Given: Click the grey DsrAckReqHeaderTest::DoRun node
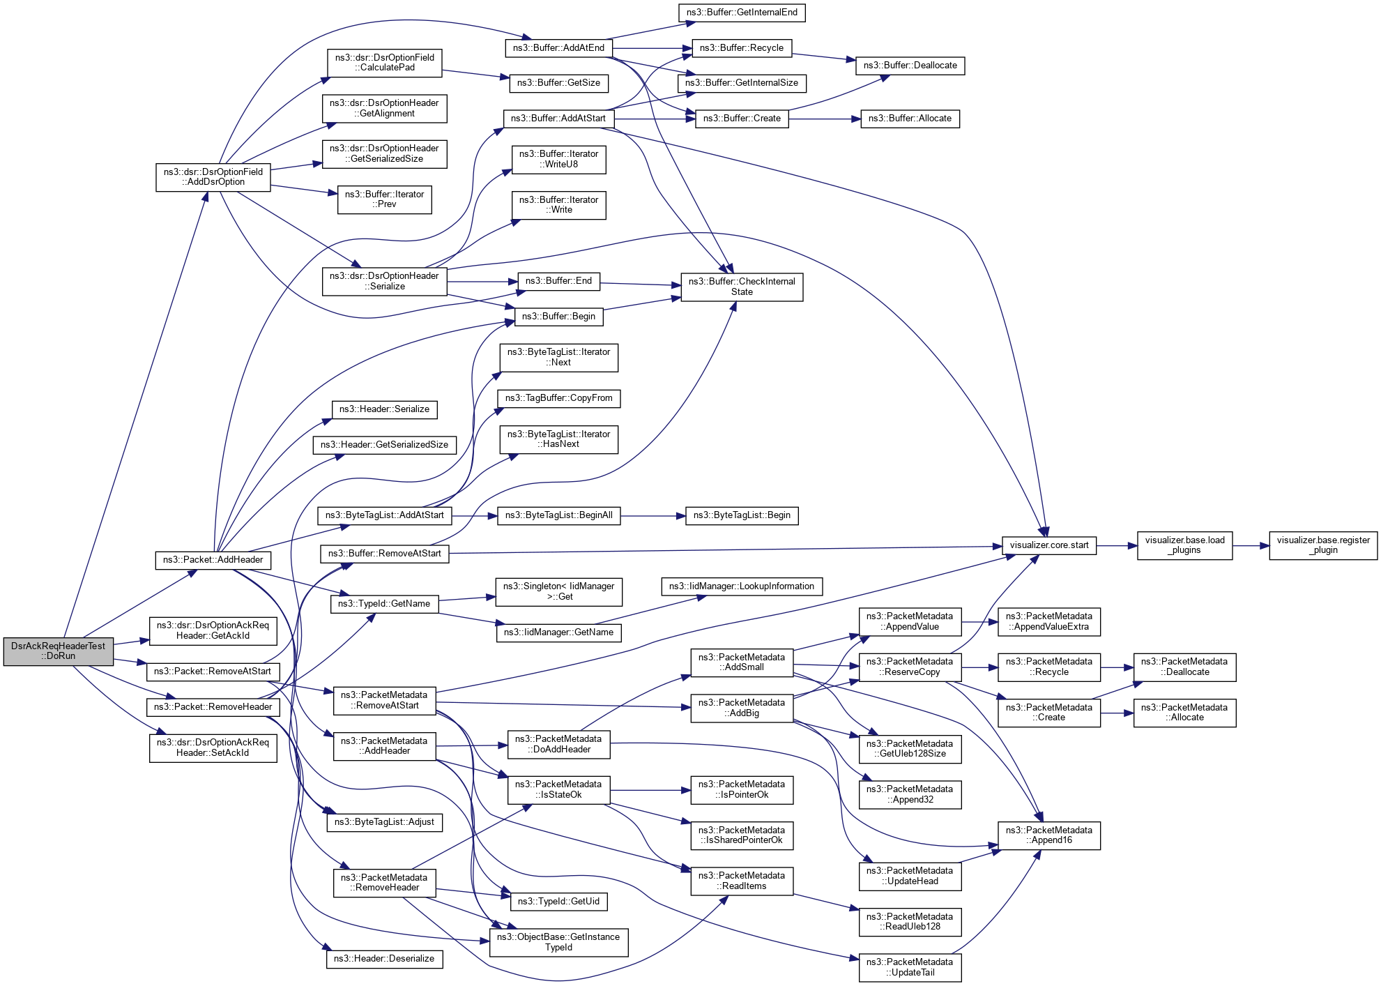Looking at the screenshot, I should (x=58, y=651).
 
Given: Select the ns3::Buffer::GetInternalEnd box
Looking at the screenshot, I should (x=742, y=13).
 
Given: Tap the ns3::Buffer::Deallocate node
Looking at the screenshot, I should (x=910, y=66).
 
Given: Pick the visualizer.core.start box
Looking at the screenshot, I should (x=1048, y=545).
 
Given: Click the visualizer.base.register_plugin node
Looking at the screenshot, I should (x=1322, y=545).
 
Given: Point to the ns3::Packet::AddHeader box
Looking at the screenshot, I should (x=213, y=560).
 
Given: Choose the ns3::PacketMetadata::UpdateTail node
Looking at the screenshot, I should (x=910, y=967).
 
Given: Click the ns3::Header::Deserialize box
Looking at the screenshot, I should (x=384, y=959).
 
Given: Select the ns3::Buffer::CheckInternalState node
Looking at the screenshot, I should (x=742, y=287).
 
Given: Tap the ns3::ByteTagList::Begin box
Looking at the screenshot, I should (x=742, y=515).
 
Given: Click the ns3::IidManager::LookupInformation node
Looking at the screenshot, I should (x=742, y=586).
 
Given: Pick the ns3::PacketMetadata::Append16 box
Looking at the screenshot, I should (x=1048, y=835).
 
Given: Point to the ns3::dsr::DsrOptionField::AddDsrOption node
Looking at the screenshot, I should (x=213, y=177).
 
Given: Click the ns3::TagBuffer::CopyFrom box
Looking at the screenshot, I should (x=558, y=398).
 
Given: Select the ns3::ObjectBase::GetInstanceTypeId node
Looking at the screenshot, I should (x=558, y=942).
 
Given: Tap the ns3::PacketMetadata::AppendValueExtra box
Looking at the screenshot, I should (x=1048, y=621).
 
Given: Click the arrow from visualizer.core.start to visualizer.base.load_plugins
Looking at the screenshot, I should (x=1116, y=546).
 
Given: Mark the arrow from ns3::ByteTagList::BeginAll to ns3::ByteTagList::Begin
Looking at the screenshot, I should (x=653, y=516).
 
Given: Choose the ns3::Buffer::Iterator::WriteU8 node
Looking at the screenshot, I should (x=558, y=159).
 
